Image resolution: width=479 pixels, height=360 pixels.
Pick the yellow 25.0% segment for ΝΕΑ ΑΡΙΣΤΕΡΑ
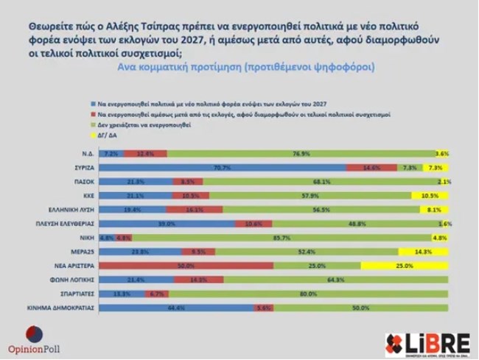point(406,266)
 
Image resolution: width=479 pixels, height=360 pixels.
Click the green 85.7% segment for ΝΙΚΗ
point(277,238)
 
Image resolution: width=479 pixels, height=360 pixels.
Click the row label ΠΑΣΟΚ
point(83,182)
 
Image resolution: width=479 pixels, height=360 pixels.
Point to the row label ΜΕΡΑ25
point(81,252)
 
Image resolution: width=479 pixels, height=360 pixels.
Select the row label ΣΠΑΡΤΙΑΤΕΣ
point(76,294)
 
